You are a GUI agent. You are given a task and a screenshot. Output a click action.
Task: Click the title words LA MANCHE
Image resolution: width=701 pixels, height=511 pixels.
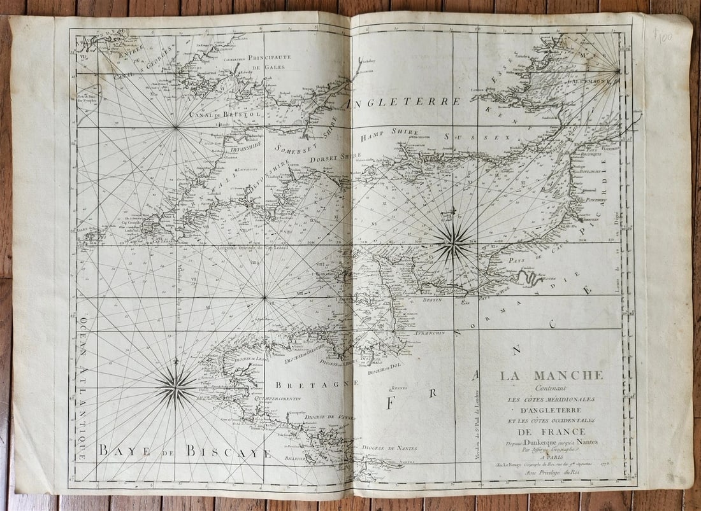click(551, 375)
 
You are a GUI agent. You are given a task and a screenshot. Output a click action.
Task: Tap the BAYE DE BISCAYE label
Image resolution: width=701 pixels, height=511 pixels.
click(184, 451)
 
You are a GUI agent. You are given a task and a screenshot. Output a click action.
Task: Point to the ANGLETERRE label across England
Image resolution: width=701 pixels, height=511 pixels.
click(403, 102)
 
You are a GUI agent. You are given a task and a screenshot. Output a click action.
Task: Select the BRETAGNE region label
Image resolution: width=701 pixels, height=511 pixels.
click(313, 384)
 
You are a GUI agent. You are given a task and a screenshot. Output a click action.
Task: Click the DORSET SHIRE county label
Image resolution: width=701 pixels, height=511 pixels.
click(335, 156)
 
